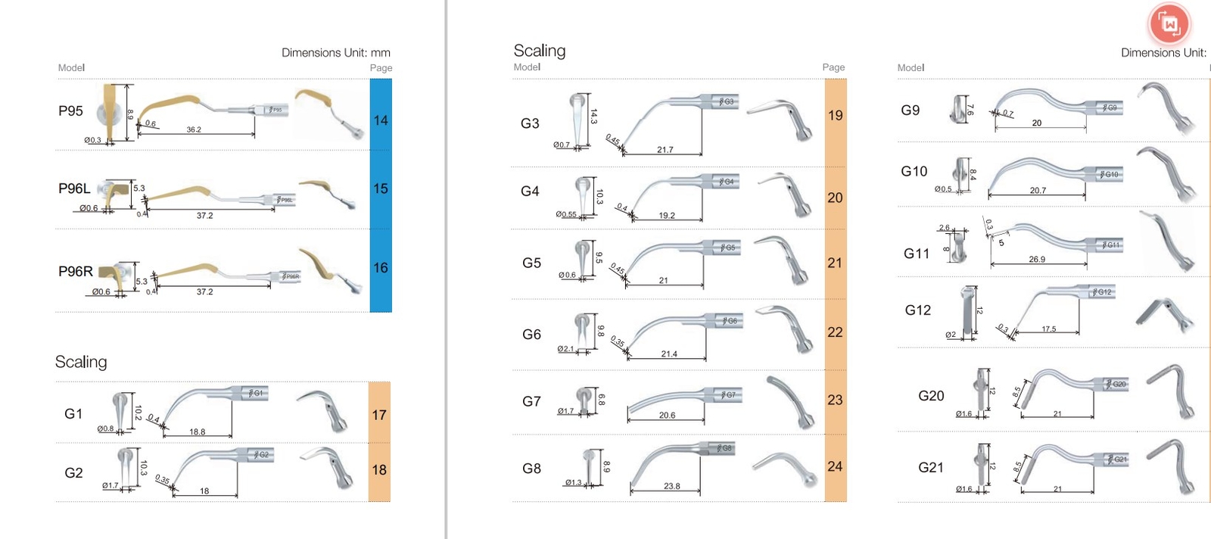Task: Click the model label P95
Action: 70,111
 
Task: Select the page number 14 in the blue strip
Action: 381,120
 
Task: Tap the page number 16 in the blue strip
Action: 381,268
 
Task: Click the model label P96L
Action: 74,188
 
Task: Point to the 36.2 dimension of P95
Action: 194,129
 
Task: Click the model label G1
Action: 73,413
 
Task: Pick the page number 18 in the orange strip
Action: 379,470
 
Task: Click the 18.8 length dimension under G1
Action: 197,432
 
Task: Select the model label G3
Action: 530,123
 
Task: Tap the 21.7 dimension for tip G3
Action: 665,150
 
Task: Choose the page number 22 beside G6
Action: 835,332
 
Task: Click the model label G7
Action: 531,401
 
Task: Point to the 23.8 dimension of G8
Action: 671,486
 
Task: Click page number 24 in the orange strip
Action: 835,466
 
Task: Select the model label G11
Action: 917,254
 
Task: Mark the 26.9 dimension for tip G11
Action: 1037,259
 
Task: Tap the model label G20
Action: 931,396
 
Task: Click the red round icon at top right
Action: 1169,24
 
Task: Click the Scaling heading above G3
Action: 540,51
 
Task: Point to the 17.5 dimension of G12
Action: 1048,329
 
